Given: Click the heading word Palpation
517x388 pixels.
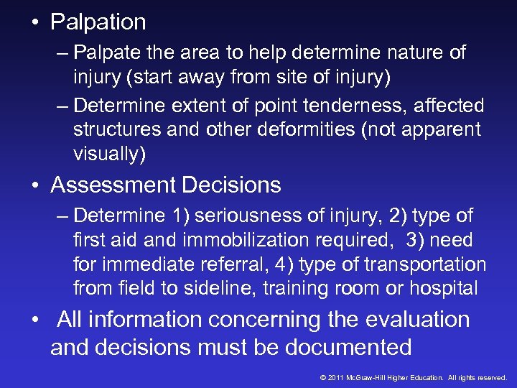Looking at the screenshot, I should pyautogui.click(x=98, y=22).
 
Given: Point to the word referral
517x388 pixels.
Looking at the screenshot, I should pyautogui.click(x=230, y=264).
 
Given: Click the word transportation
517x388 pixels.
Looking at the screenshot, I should pyautogui.click(x=425, y=264).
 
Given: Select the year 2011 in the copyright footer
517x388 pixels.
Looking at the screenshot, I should pyautogui.click(x=336, y=377).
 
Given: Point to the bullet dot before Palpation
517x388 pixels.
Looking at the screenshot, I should pyautogui.click(x=34, y=23).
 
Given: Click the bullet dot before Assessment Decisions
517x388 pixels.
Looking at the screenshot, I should pyautogui.click(x=34, y=186).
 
